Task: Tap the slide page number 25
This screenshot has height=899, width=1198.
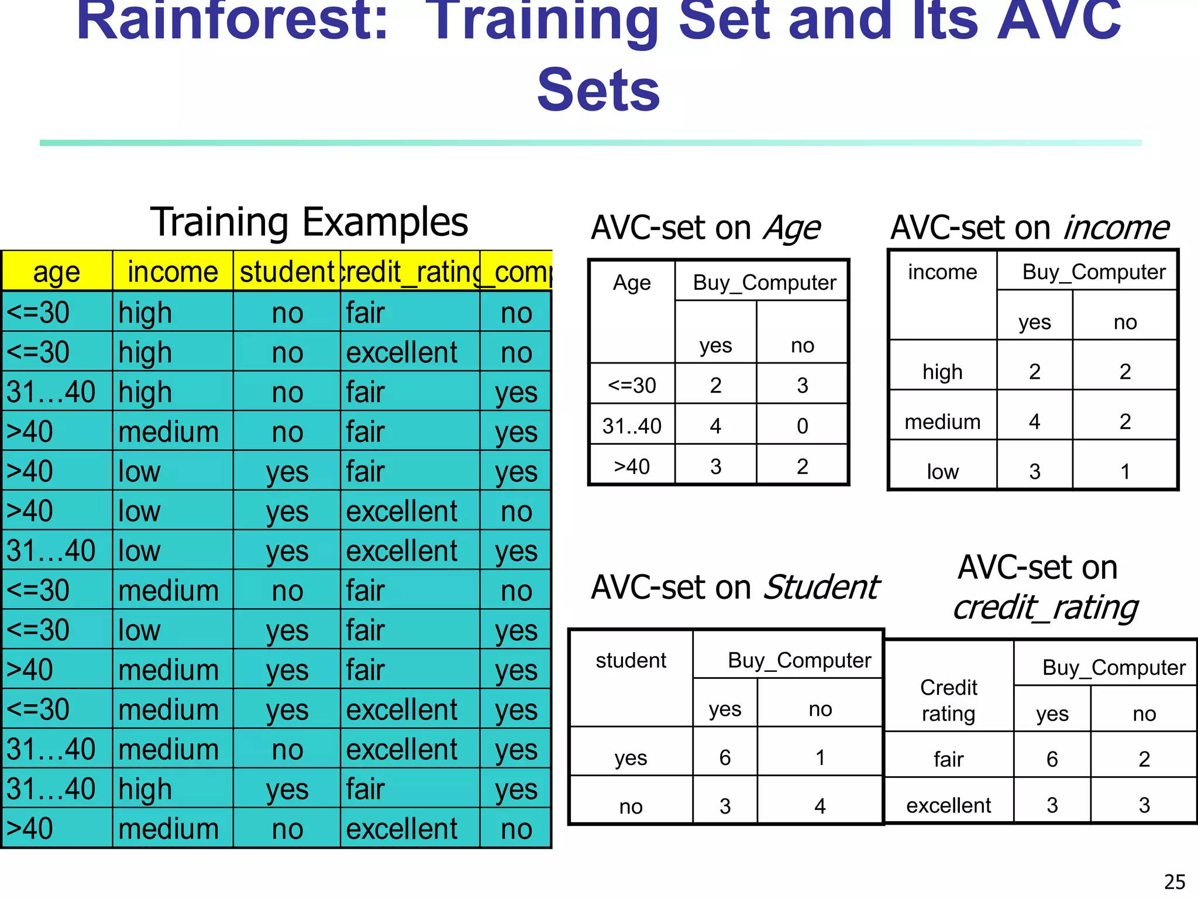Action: coord(1175,881)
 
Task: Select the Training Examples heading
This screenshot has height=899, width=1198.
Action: coord(309,222)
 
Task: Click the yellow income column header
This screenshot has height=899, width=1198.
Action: coord(173,272)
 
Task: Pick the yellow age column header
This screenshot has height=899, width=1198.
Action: coord(56,272)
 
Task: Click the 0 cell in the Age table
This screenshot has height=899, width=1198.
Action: coord(802,426)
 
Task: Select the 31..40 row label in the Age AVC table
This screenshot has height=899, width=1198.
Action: coord(632,426)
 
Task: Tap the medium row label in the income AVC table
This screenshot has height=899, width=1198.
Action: coord(942,421)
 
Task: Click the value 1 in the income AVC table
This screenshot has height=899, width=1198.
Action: coord(1125,471)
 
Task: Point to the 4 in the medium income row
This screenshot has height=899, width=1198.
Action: coord(1034,421)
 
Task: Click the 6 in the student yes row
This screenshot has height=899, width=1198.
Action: coord(725,757)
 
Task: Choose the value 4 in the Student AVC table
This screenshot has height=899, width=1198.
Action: coord(820,806)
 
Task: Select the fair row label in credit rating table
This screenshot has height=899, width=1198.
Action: coord(948,759)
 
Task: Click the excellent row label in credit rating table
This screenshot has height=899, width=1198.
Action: coord(948,805)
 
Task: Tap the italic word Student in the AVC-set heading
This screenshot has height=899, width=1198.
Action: coord(821,587)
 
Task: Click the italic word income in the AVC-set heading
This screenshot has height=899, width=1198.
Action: coord(1116,228)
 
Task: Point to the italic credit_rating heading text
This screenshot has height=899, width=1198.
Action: coord(1045,607)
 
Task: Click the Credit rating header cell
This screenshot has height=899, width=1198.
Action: coord(948,700)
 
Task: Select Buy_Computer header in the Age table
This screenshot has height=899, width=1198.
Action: coord(764,283)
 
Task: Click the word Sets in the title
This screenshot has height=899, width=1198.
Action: coord(598,90)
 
